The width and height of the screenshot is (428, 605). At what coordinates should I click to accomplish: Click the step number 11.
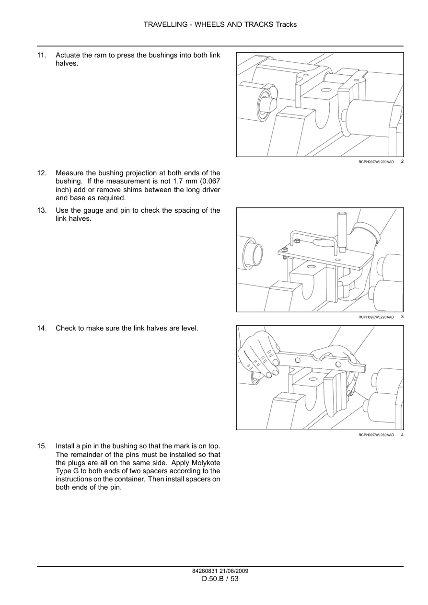[41, 55]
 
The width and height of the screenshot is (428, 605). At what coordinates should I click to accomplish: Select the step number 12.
[41, 173]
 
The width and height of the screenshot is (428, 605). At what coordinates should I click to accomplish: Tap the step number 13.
[41, 210]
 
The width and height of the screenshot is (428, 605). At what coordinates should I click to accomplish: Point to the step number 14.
[41, 328]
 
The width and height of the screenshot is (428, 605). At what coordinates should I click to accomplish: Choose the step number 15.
[41, 446]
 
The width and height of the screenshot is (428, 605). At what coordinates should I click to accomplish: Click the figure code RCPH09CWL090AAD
[376, 162]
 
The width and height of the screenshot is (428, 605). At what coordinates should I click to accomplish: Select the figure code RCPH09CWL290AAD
[376, 317]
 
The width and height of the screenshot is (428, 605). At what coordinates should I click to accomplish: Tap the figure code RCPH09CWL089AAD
[376, 435]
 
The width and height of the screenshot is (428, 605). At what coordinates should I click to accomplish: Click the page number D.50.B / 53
[220, 579]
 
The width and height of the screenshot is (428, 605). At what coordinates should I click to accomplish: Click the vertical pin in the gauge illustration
[342, 230]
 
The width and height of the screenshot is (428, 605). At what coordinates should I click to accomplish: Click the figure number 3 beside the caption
[402, 317]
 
